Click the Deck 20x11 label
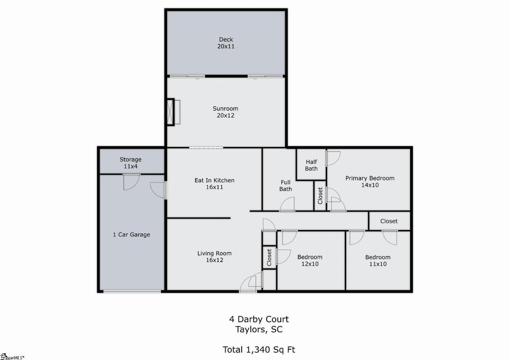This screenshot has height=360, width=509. [x=226, y=43]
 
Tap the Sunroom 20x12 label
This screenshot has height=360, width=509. [x=225, y=112]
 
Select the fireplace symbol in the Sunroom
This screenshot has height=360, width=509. [x=173, y=112]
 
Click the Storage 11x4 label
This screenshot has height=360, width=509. [x=131, y=163]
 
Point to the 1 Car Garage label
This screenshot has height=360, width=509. [x=131, y=234]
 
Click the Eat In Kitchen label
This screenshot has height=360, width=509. [x=214, y=180]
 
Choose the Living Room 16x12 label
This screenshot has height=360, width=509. [x=214, y=256]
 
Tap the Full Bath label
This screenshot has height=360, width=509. [x=285, y=186]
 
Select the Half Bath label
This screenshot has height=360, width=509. [x=311, y=165]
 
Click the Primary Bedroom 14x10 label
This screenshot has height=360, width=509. [x=370, y=181]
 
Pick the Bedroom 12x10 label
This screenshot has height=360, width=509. [x=310, y=260]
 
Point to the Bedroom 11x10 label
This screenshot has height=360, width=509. [x=378, y=261]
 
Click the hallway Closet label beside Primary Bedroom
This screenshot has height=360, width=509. [x=389, y=221]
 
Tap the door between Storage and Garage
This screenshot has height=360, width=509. [x=131, y=182]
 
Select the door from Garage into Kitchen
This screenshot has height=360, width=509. [x=158, y=190]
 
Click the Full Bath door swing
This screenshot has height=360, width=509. [x=287, y=204]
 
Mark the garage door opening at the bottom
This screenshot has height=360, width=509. [x=132, y=291]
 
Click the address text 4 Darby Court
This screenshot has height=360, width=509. [x=259, y=319]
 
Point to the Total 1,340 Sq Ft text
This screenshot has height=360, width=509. [x=259, y=349]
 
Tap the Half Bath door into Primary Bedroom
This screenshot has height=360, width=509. [x=333, y=158]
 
